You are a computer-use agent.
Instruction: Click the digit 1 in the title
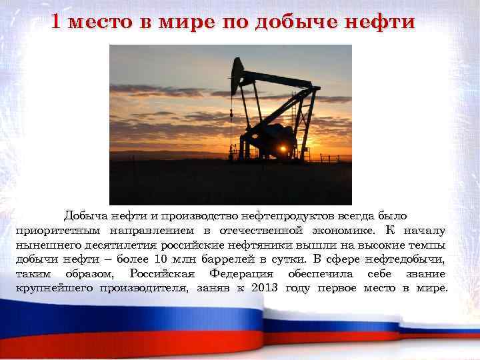click(57, 21)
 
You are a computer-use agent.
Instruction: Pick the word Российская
click(162, 274)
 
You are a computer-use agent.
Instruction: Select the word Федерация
click(241, 274)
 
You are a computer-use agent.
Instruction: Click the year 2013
click(265, 288)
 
